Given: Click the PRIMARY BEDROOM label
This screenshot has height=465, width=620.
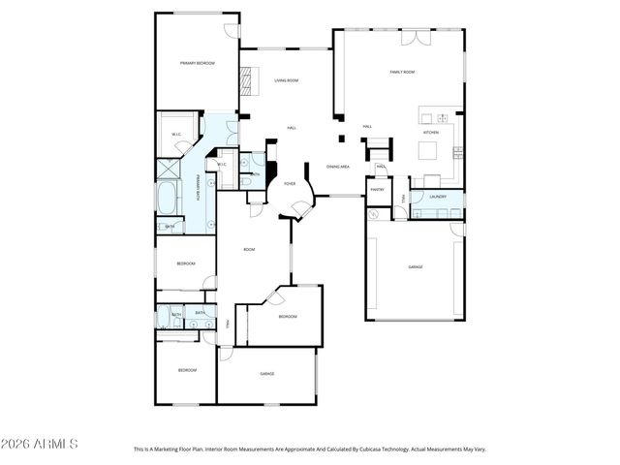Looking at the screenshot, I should click(197, 63).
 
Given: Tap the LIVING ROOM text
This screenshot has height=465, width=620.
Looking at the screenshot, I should click(285, 80).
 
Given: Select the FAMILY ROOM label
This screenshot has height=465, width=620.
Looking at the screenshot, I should click(402, 72).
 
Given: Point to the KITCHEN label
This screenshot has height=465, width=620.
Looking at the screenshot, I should click(431, 132).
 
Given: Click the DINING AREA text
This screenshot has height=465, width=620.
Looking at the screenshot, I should click(337, 166).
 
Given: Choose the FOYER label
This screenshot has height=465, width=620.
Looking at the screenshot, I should click(289, 182).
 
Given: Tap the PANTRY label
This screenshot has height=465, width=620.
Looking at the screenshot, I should click(377, 190).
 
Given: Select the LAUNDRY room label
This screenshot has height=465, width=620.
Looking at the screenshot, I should click(438, 196).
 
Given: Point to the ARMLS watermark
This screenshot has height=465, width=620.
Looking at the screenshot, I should click(41, 444).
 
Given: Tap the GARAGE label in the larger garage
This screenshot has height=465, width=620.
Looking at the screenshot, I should click(416, 266).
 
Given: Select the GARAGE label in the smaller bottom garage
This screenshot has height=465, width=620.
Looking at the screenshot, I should click(266, 373).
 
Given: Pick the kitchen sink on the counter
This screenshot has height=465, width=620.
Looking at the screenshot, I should click(427, 117).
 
